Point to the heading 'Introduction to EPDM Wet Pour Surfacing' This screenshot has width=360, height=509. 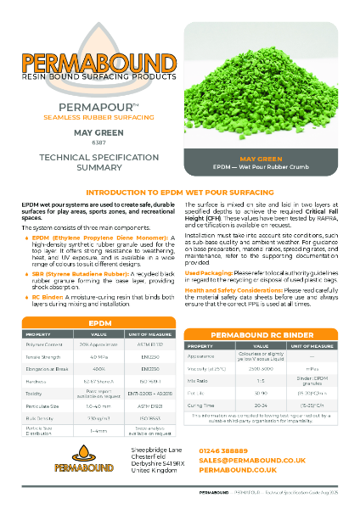(180, 194)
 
